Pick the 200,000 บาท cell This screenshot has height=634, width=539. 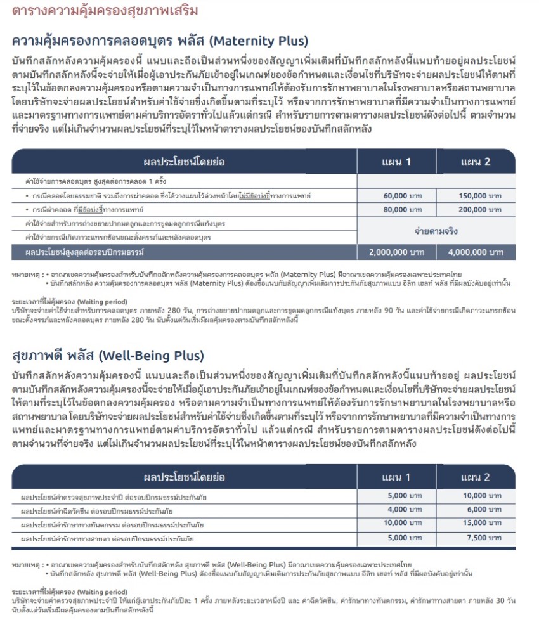click(x=476, y=210)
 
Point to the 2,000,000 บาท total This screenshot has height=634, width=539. click(x=396, y=252)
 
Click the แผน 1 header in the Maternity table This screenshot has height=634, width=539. click(x=396, y=162)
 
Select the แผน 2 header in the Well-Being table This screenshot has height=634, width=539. click(x=476, y=477)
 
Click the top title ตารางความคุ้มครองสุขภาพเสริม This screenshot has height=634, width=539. click(x=105, y=11)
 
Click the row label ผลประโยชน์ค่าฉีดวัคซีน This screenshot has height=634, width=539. click(x=98, y=510)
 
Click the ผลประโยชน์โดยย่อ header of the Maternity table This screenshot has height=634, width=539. click(x=184, y=162)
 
